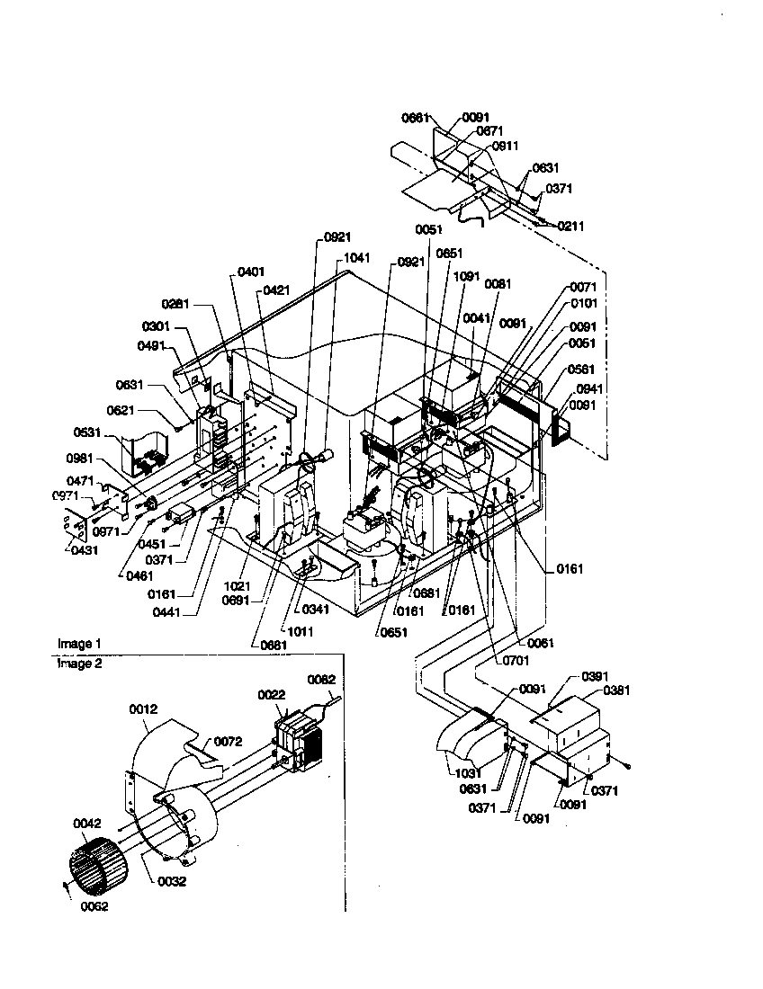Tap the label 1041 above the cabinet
[x=357, y=257]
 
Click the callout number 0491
[x=152, y=346]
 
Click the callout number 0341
[x=316, y=610]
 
